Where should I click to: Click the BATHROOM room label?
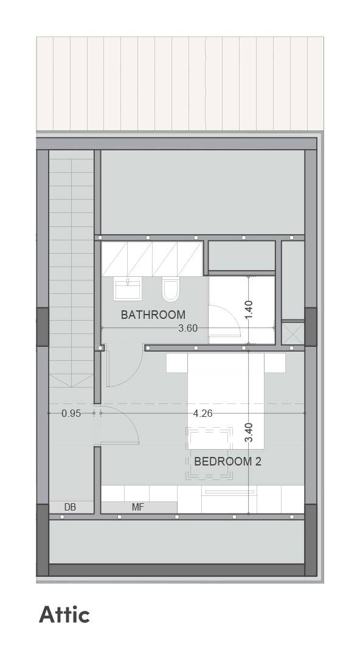[153, 315]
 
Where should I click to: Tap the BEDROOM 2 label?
[227, 461]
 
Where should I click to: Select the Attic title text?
[64, 615]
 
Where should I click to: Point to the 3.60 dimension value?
[188, 328]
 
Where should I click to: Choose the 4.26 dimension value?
[203, 414]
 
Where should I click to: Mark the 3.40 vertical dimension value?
[248, 433]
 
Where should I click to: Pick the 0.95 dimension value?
[71, 414]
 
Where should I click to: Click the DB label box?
[70, 507]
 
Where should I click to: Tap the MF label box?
[139, 507]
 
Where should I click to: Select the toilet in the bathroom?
[170, 289]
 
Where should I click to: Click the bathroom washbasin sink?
[127, 288]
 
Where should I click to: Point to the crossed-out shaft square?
[292, 333]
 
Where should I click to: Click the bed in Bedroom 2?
[226, 401]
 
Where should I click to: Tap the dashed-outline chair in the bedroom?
[209, 453]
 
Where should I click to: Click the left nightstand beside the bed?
[177, 363]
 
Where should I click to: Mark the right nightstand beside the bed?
[275, 363]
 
